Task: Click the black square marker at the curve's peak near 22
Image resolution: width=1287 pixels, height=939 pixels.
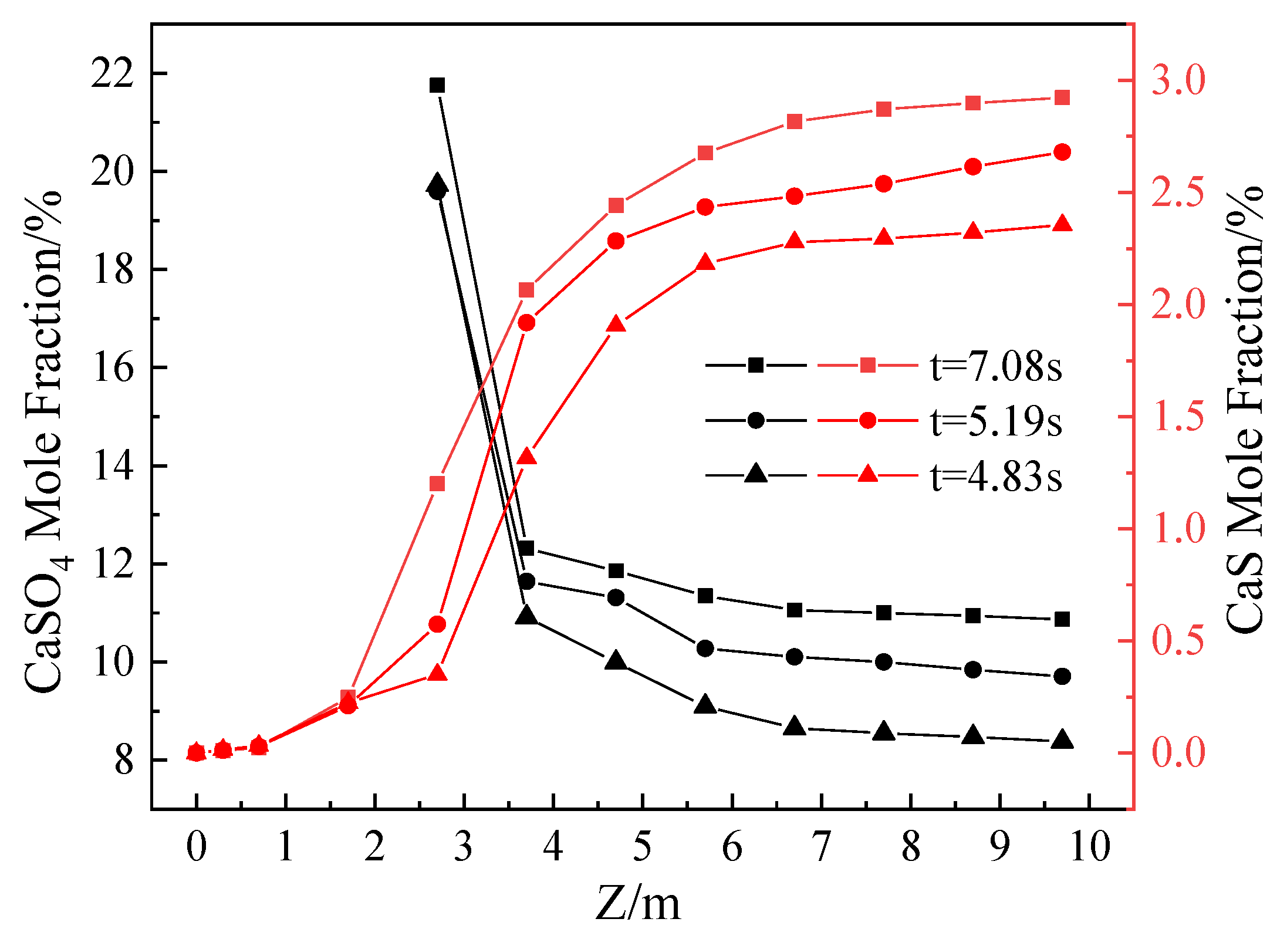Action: [x=437, y=86]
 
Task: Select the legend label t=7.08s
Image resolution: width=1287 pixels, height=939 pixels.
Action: [x=996, y=366]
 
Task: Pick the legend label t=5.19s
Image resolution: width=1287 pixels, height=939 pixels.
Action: [x=996, y=421]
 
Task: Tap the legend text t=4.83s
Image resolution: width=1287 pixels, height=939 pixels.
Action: [x=996, y=476]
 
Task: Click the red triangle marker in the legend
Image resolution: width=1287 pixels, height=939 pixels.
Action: [x=867, y=474]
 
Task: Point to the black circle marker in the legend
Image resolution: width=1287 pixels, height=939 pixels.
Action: [x=756, y=420]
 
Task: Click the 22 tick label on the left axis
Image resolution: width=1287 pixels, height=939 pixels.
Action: [x=112, y=75]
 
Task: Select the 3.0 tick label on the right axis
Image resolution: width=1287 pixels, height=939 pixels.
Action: [x=1178, y=80]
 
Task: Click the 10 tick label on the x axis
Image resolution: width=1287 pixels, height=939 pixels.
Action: [x=1090, y=847]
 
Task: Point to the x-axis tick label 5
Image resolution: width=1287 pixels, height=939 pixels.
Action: [x=643, y=847]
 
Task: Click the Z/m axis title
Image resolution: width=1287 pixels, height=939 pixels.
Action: [x=638, y=903]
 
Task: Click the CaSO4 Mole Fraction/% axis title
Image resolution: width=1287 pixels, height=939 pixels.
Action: [x=44, y=440]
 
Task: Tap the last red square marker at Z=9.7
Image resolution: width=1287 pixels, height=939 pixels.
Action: [x=1062, y=97]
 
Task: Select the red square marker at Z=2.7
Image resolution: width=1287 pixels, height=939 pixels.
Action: [x=437, y=484]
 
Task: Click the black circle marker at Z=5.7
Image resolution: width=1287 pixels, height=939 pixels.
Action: [x=705, y=648]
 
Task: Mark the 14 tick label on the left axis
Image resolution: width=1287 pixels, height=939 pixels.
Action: [x=112, y=467]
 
